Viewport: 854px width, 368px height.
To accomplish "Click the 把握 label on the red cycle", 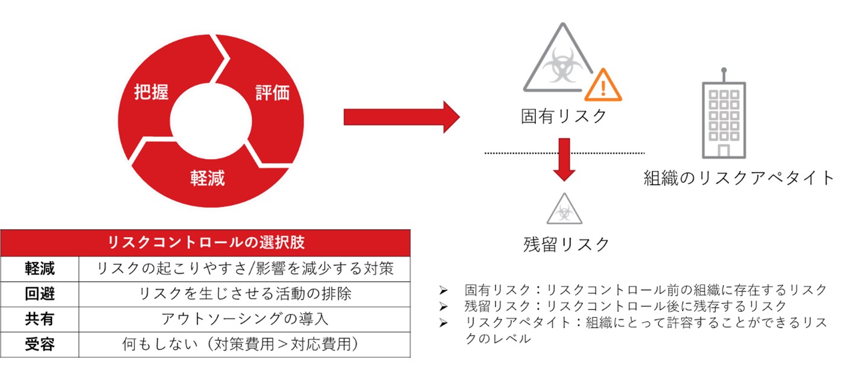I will tap(151, 92).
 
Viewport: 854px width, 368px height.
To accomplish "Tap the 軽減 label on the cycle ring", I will tap(208, 178).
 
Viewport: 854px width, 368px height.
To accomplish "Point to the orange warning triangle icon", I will tap(603, 86).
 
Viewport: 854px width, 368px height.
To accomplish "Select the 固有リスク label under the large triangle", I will tap(564, 115).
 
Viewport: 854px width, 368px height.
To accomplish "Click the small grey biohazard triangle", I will tap(564, 209).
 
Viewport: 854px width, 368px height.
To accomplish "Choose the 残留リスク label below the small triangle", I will tap(566, 244).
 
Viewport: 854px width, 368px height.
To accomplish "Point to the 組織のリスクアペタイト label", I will tap(739, 177).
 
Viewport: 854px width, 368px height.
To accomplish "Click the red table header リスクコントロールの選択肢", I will tap(205, 243).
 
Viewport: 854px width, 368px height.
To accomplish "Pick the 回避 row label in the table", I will tap(40, 294).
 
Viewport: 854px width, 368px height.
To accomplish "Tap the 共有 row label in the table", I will tap(40, 319).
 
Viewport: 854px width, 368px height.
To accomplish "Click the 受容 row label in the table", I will tap(40, 344).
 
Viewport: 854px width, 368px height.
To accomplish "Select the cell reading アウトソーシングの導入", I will tap(244, 319).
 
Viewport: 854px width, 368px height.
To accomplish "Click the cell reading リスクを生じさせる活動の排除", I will tap(244, 294).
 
